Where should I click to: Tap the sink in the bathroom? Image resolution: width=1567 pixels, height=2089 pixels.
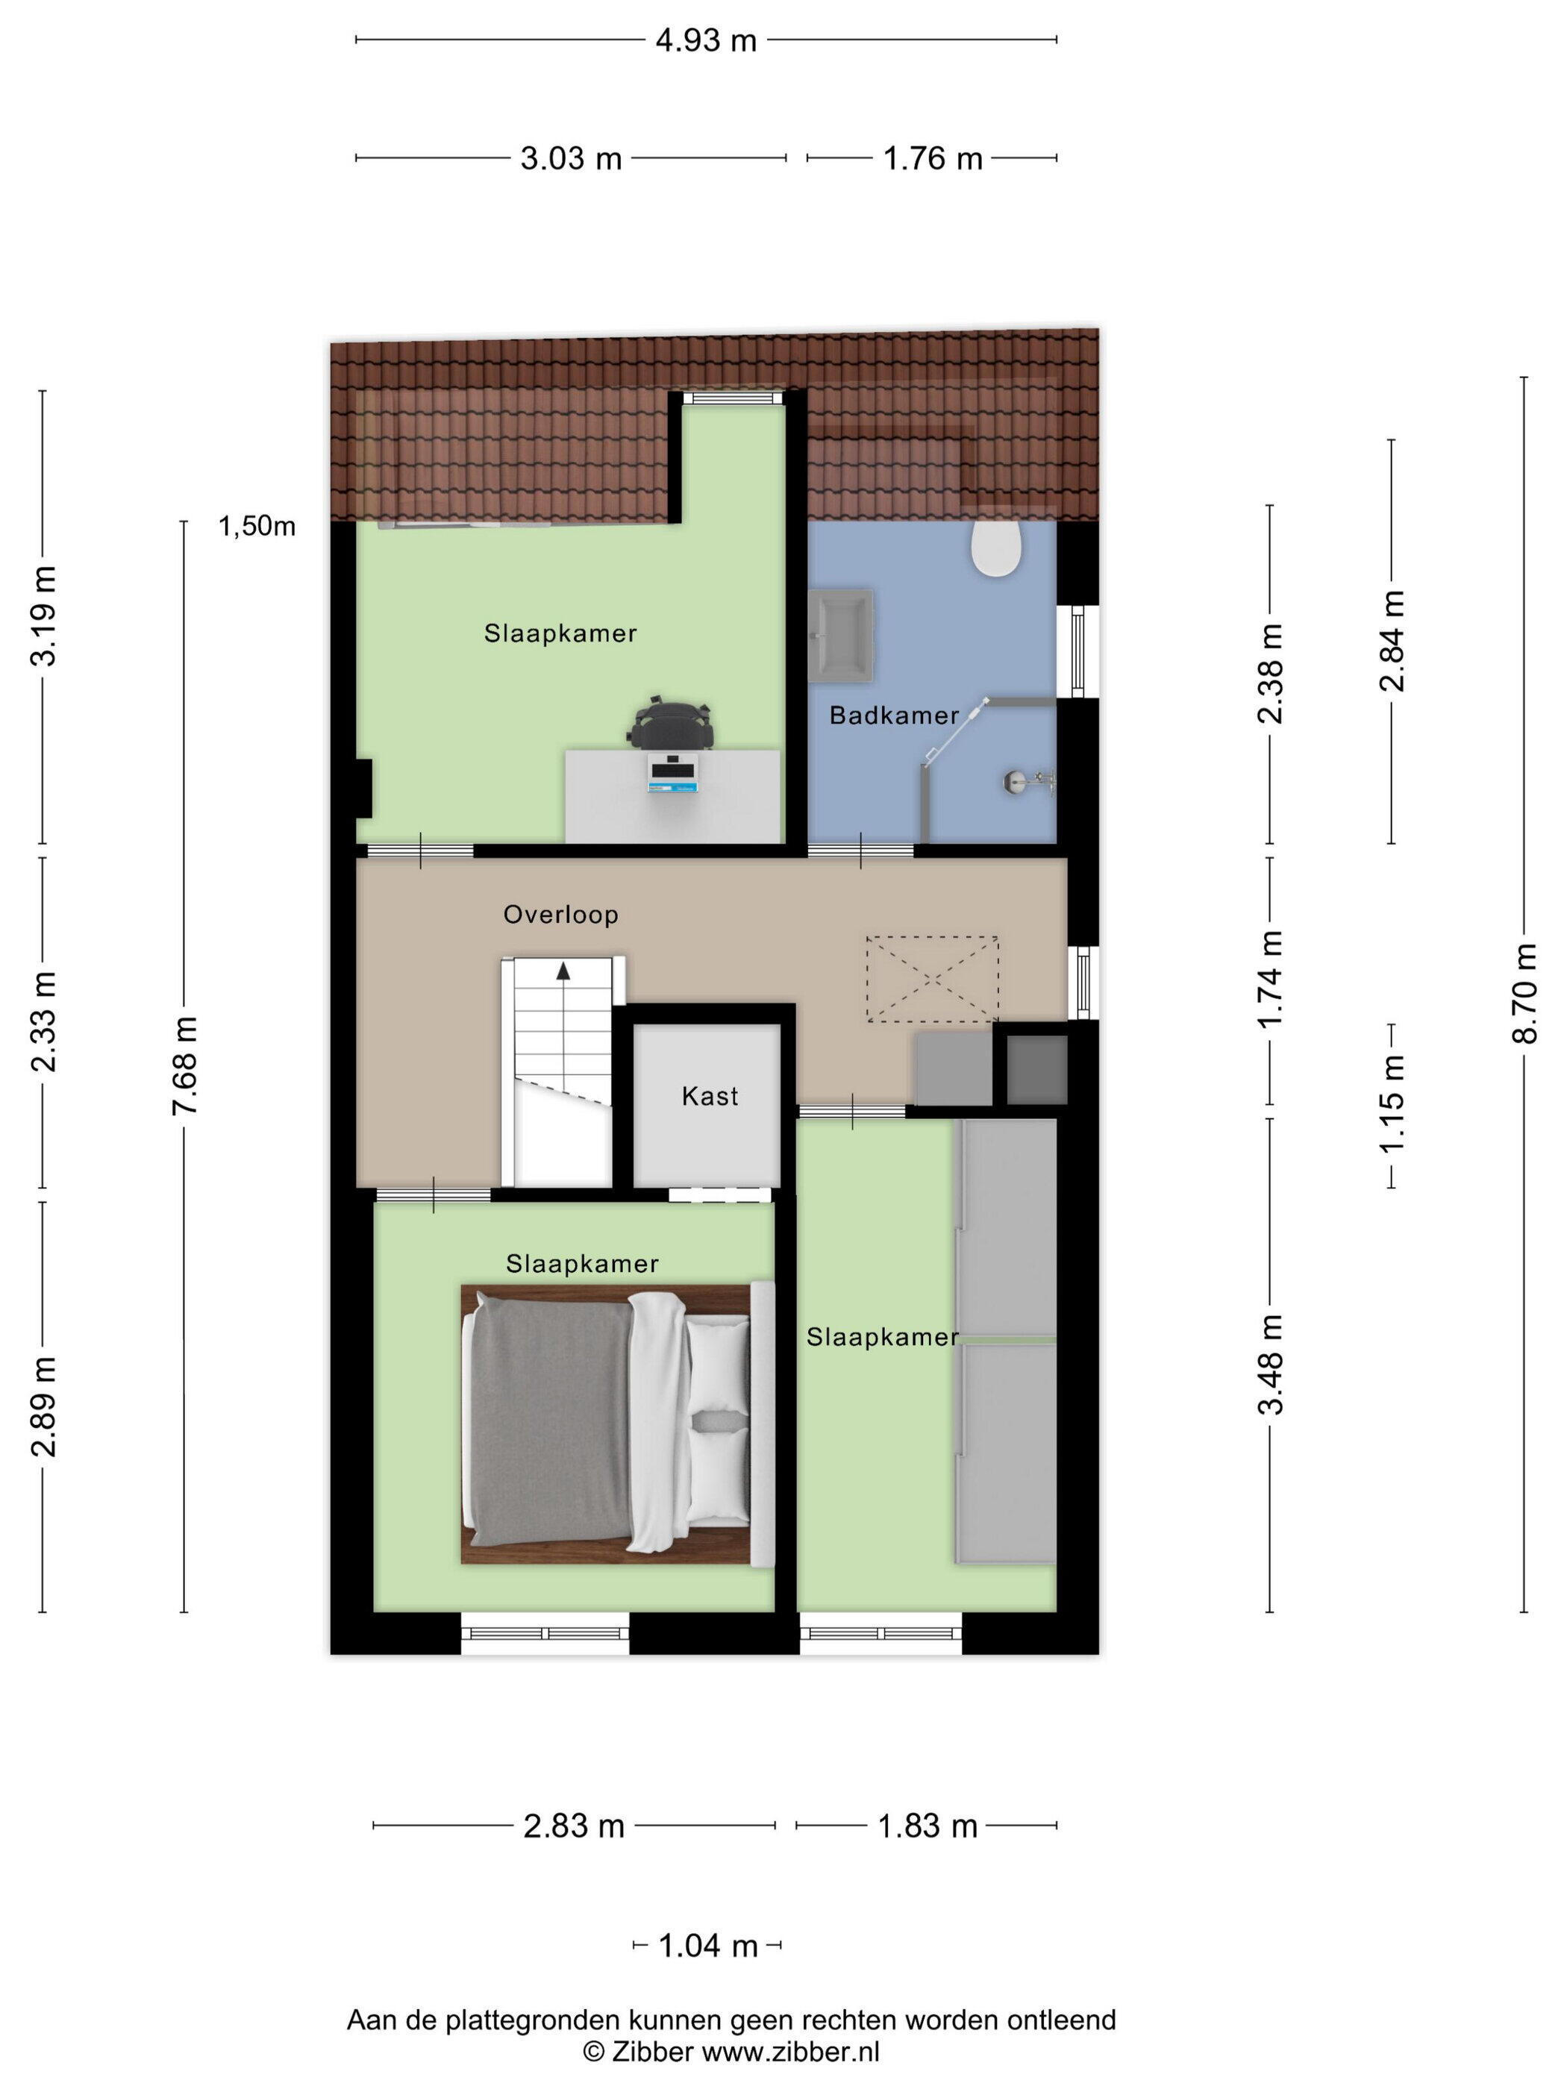841,636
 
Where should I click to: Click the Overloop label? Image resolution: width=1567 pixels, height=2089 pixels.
560,914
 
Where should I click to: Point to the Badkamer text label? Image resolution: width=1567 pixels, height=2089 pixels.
893,715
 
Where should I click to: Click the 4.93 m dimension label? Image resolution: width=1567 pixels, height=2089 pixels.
706,40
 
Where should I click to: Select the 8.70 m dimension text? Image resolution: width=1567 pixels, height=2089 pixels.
1524,994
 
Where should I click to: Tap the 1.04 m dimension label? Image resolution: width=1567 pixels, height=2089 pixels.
707,1946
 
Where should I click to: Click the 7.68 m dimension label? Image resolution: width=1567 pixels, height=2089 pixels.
185,1065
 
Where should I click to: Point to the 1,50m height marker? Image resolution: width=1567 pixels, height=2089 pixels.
257,526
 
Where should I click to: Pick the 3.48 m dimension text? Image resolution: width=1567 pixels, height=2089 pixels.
1271,1364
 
